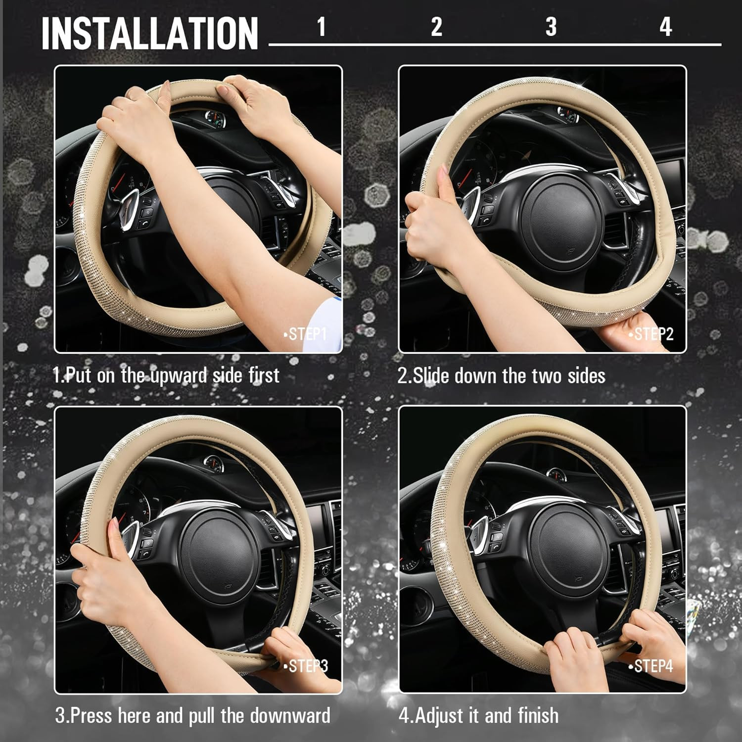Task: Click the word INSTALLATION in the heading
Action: [x=150, y=34]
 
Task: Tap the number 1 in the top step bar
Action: [x=322, y=27]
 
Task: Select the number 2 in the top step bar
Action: [x=436, y=27]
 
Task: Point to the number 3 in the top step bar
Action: [x=551, y=27]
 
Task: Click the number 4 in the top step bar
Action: [x=666, y=27]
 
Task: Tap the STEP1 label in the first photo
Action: [x=307, y=334]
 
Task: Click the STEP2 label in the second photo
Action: [x=652, y=334]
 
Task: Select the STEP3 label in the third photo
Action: [x=307, y=666]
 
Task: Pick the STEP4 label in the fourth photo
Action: [x=652, y=666]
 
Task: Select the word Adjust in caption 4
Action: [x=437, y=716]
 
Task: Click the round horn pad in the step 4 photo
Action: [x=568, y=552]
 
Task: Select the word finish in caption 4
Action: [x=538, y=716]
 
